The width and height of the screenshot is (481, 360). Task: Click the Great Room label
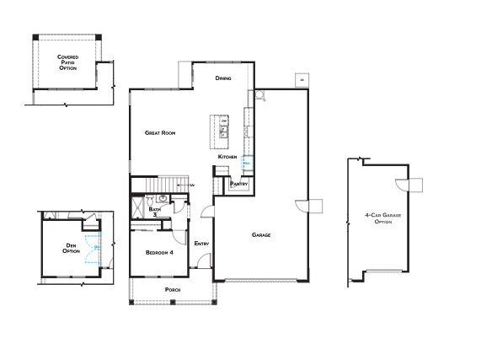tap(159, 132)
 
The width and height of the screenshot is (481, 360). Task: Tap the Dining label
tap(223, 78)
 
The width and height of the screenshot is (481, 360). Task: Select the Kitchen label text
tap(227, 157)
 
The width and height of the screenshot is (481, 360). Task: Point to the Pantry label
tap(238, 183)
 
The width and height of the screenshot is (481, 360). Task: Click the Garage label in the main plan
tap(261, 234)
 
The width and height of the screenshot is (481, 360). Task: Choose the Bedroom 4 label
tap(159, 252)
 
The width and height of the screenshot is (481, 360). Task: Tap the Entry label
tap(201, 244)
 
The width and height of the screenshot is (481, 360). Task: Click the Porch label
tap(173, 289)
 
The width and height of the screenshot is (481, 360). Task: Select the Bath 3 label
tap(154, 212)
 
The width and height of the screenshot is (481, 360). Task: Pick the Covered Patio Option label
tap(67, 62)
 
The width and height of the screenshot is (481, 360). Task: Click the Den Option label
tap(72, 248)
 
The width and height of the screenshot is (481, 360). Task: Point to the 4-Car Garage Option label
tap(379, 218)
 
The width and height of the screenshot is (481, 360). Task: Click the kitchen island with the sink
tap(224, 129)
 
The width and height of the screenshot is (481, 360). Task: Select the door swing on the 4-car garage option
tap(413, 184)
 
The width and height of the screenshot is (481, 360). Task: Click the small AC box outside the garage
tap(301, 80)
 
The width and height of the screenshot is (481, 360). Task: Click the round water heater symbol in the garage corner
tap(261, 97)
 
